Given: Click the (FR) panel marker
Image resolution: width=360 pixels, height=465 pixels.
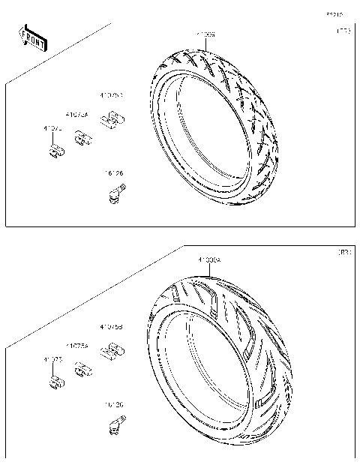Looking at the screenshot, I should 343,31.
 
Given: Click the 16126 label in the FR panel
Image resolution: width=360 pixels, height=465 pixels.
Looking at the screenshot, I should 113,174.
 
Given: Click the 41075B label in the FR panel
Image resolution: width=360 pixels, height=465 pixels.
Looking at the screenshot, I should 112,96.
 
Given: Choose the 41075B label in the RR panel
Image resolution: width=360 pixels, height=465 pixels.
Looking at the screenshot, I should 112,327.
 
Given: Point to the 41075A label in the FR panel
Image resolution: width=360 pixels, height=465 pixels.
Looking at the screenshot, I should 76,115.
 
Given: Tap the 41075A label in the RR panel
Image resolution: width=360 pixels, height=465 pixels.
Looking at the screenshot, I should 76,346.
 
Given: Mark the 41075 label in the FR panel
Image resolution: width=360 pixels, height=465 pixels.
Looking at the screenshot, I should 52,129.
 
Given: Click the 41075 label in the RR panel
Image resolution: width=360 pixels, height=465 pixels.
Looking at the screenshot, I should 52,360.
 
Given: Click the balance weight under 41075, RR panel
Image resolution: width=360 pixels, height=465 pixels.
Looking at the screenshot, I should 54,382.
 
